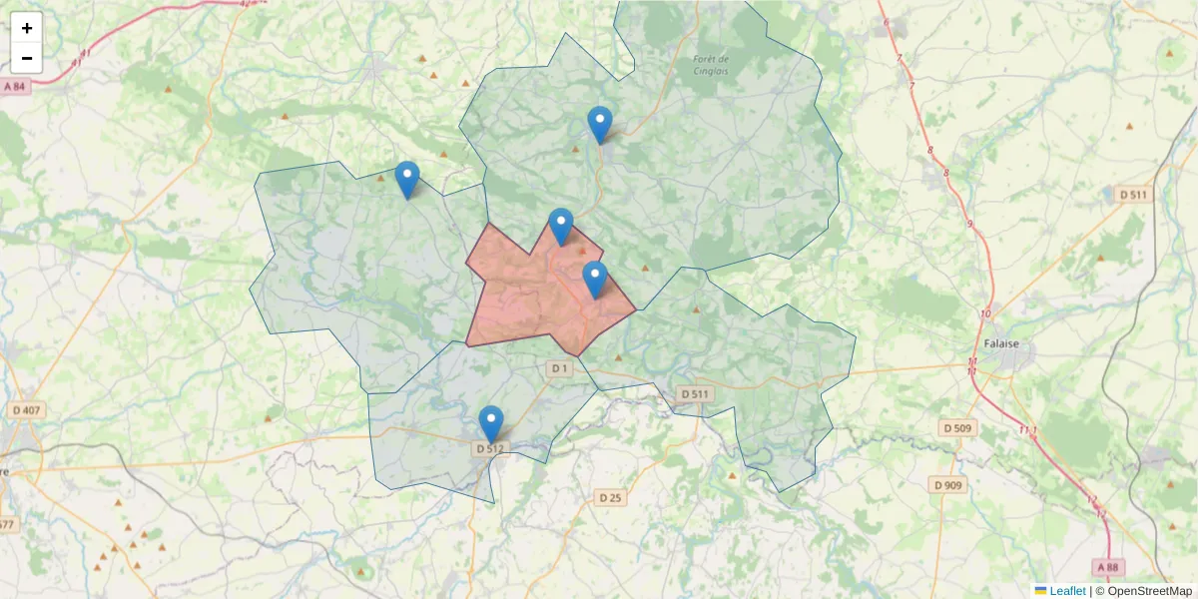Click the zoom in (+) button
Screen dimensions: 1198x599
pyautogui.click(x=27, y=28)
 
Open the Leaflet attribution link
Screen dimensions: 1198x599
pyautogui.click(x=1066, y=591)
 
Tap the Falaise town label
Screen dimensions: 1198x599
pyautogui.click(x=1000, y=343)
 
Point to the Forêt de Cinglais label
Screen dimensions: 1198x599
pyautogui.click(x=711, y=65)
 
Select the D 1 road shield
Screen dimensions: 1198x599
pyautogui.click(x=559, y=369)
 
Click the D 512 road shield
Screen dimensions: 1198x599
pyautogui.click(x=489, y=449)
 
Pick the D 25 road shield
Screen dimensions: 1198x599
pyautogui.click(x=610, y=497)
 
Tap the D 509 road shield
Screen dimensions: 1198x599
pyautogui.click(x=956, y=428)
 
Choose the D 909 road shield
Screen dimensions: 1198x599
pyautogui.click(x=947, y=485)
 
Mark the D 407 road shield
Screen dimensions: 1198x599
pyautogui.click(x=27, y=410)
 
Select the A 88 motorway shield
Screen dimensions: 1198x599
pyautogui.click(x=1107, y=567)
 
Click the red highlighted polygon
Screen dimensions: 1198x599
pyautogui.click(x=529, y=299)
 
